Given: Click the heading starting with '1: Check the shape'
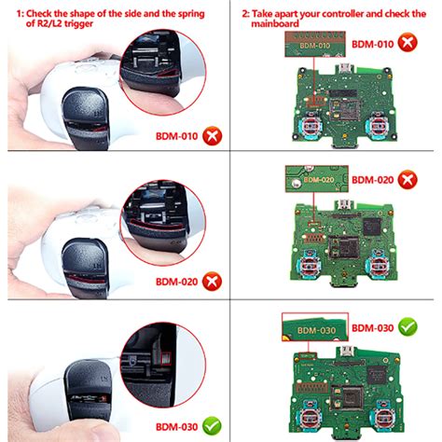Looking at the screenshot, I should tap(110, 19).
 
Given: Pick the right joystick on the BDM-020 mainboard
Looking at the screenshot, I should tap(383, 264).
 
